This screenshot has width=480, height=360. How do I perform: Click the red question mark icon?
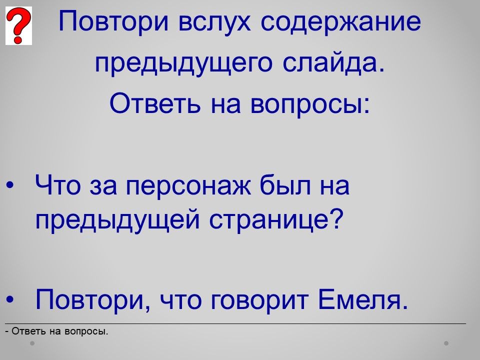[18, 25]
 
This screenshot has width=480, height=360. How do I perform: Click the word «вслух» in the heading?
[214, 21]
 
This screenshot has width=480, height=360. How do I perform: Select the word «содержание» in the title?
[340, 22]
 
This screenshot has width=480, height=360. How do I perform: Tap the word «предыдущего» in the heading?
[183, 63]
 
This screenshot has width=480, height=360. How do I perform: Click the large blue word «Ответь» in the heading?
[155, 103]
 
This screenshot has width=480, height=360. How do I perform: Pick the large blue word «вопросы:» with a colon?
[310, 104]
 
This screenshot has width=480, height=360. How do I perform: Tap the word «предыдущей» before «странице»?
[118, 220]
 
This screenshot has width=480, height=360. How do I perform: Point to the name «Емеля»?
[363, 299]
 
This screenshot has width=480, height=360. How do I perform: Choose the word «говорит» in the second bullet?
[260, 301]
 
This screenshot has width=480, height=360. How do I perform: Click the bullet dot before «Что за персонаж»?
[10, 185]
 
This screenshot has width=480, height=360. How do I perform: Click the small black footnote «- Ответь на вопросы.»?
[56, 331]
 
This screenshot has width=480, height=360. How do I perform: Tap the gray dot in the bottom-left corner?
[32, 343]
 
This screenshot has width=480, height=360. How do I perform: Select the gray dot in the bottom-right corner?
[446, 343]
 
